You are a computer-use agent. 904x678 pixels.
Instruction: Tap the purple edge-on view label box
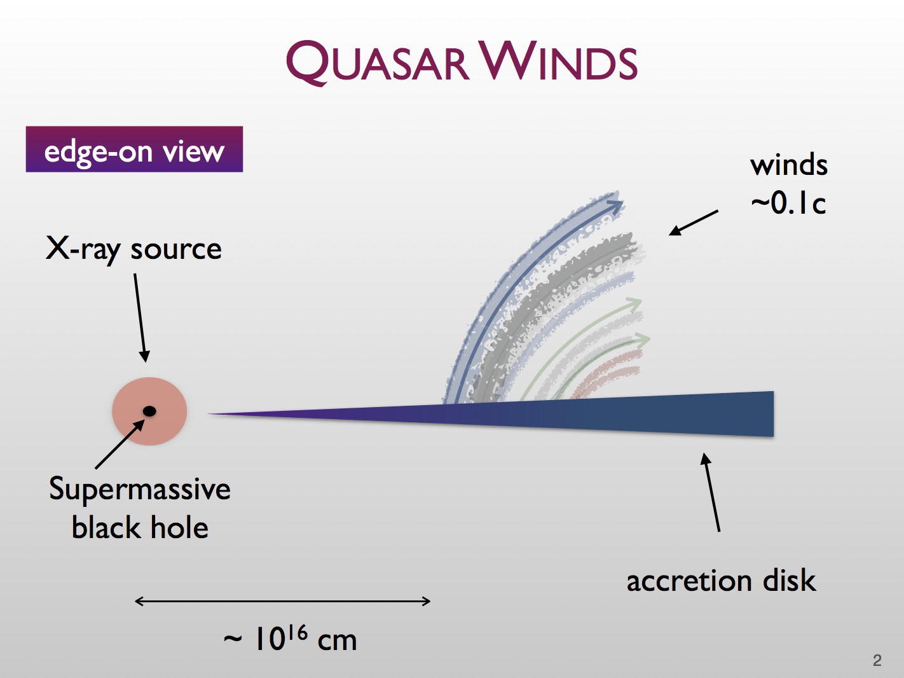tap(134, 149)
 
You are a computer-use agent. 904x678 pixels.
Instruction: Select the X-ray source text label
tap(134, 249)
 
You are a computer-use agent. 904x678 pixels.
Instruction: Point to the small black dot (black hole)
tap(149, 412)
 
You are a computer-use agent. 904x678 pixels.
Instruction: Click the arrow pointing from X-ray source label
tap(140, 317)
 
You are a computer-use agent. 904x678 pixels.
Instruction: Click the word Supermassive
tap(140, 490)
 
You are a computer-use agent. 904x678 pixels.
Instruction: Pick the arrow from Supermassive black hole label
tap(120, 445)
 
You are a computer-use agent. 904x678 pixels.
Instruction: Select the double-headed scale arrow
tap(283, 601)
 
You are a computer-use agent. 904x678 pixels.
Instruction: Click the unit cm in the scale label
tap(337, 640)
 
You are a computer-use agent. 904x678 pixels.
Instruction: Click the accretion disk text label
tap(721, 581)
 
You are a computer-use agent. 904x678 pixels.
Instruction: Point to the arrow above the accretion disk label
tap(711, 492)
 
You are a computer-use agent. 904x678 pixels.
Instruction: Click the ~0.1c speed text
tap(788, 204)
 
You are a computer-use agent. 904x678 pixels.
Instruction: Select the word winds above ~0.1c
tap(788, 165)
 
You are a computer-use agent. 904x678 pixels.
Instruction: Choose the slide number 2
tap(877, 660)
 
